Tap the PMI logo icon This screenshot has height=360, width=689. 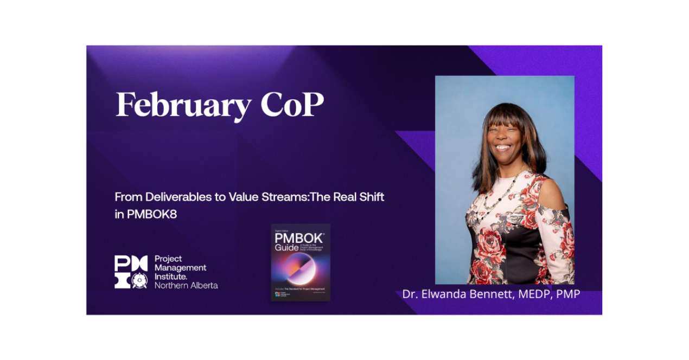131,272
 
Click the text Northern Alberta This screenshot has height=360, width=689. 186,285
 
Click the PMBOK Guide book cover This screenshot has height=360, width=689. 301,262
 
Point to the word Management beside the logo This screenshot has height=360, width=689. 181,268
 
